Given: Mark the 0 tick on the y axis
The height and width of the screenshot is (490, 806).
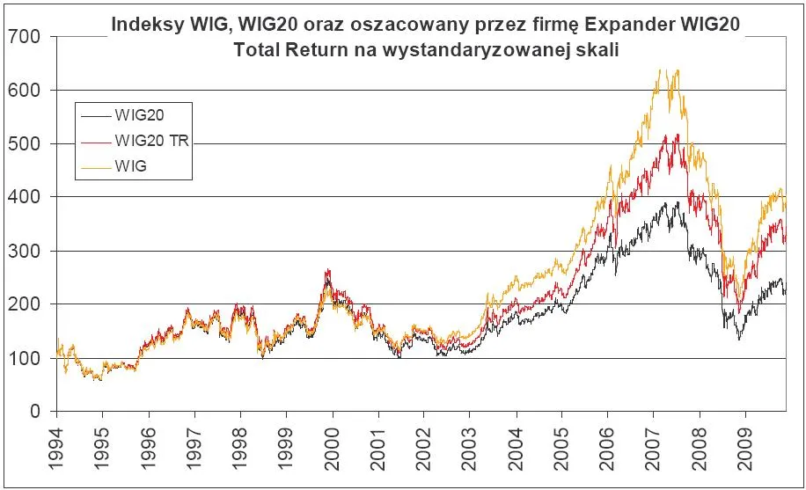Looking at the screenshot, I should [34, 412].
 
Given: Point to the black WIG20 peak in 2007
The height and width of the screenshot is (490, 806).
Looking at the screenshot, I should [676, 202].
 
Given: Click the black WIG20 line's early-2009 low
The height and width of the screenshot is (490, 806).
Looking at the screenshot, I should [739, 339].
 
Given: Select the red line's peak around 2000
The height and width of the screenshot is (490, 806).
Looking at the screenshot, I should [328, 270].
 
